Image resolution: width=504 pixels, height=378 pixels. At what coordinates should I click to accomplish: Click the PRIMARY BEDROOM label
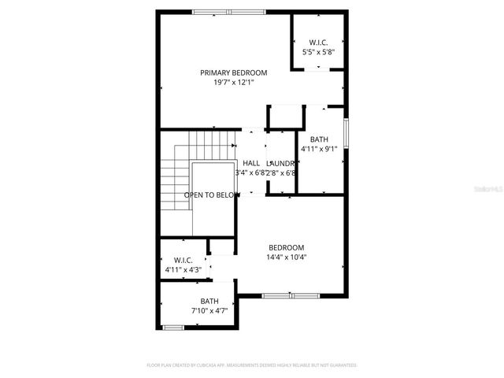tap(233, 72)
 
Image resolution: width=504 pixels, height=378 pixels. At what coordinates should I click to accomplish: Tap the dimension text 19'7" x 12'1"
tap(233, 82)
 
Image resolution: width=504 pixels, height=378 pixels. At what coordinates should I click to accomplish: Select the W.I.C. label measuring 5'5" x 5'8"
tap(318, 43)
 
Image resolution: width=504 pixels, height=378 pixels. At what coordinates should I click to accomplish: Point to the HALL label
tap(251, 163)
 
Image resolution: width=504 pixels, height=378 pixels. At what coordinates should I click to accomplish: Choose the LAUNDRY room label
tap(281, 163)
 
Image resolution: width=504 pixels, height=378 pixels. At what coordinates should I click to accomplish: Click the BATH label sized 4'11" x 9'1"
tap(319, 139)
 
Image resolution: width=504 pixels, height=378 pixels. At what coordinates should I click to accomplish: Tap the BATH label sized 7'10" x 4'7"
tap(209, 301)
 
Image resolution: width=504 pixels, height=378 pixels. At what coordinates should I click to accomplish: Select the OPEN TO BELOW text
tap(212, 195)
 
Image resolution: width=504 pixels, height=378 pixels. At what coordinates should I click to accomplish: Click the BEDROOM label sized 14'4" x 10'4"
tap(286, 247)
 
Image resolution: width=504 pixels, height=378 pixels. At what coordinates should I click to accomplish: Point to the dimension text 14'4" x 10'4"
tap(286, 257)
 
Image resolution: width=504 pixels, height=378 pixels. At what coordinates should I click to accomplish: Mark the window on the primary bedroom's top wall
tap(224, 12)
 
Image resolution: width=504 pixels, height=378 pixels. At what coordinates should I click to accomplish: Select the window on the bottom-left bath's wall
tap(173, 327)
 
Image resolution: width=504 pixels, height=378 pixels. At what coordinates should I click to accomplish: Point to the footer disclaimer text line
tap(252, 365)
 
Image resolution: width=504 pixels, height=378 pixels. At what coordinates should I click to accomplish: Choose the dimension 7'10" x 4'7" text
tap(209, 310)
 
